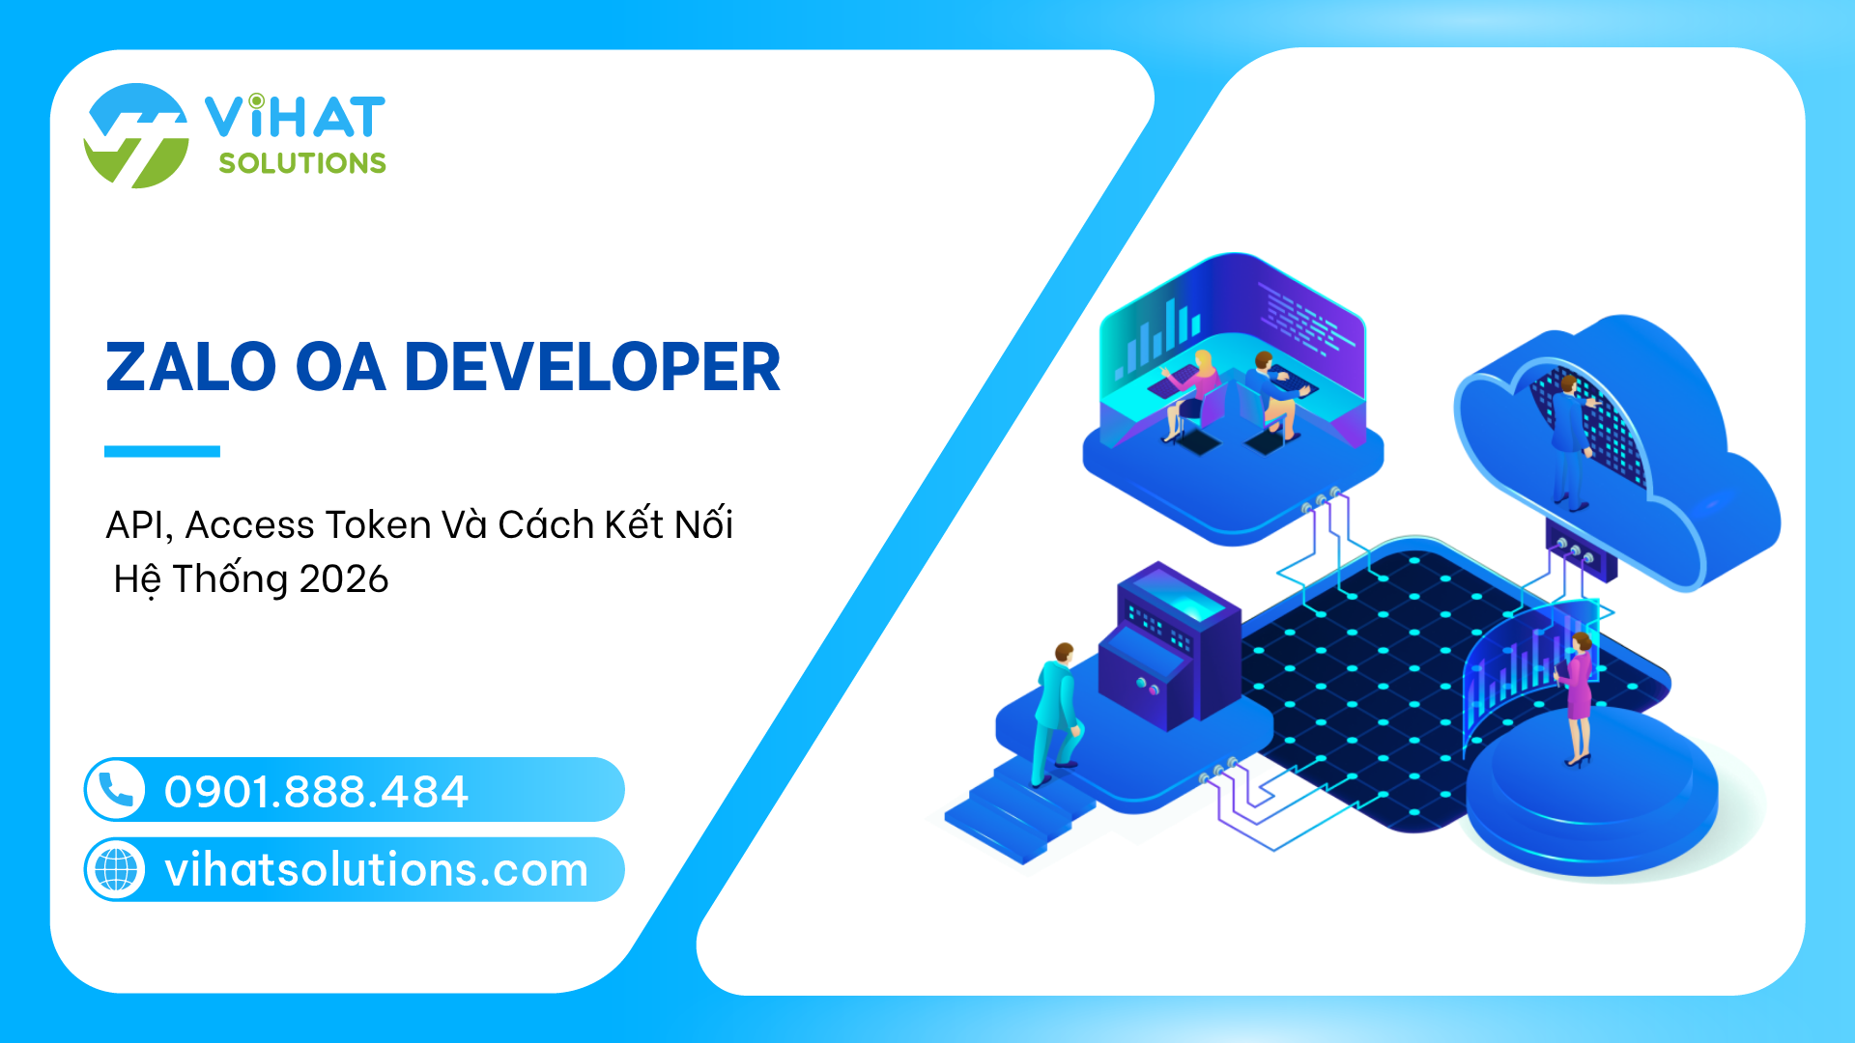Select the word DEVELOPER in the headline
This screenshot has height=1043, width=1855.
tap(591, 367)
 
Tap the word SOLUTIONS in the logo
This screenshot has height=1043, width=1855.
tap(302, 163)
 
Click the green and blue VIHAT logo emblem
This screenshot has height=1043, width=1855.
tap(136, 135)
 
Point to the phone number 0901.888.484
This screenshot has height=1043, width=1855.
tap(316, 792)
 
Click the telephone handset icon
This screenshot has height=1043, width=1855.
tap(116, 790)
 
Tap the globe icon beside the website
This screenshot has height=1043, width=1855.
tap(116, 869)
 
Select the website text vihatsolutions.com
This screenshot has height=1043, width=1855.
tap(376, 870)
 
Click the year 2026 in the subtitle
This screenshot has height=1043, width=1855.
tap(344, 579)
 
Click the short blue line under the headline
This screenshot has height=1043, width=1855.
tap(162, 451)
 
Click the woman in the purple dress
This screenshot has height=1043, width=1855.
tap(1577, 697)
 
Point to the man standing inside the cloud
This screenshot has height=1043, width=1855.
tap(1569, 440)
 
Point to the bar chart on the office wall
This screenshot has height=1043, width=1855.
tap(1156, 338)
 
